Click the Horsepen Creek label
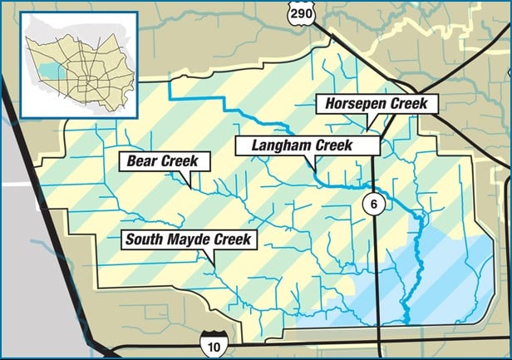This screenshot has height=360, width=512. [376, 105]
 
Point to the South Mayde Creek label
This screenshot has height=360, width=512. [188, 240]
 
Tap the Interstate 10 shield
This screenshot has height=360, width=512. [209, 340]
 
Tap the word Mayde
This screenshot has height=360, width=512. [191, 240]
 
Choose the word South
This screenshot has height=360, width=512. [147, 240]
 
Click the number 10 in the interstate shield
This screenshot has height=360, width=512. [209, 343]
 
